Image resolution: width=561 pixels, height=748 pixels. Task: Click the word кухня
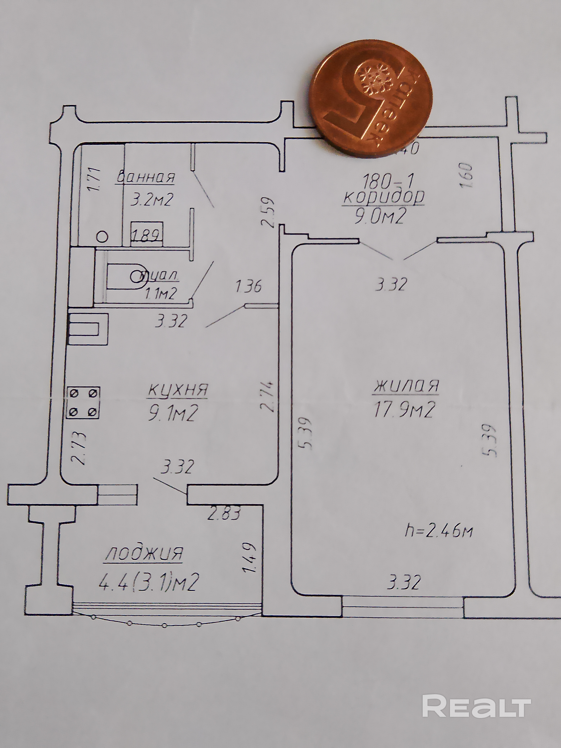tap(178, 390)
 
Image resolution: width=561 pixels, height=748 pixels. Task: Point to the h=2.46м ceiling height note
tap(439, 531)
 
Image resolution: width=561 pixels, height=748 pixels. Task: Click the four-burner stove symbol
tap(83, 402)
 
